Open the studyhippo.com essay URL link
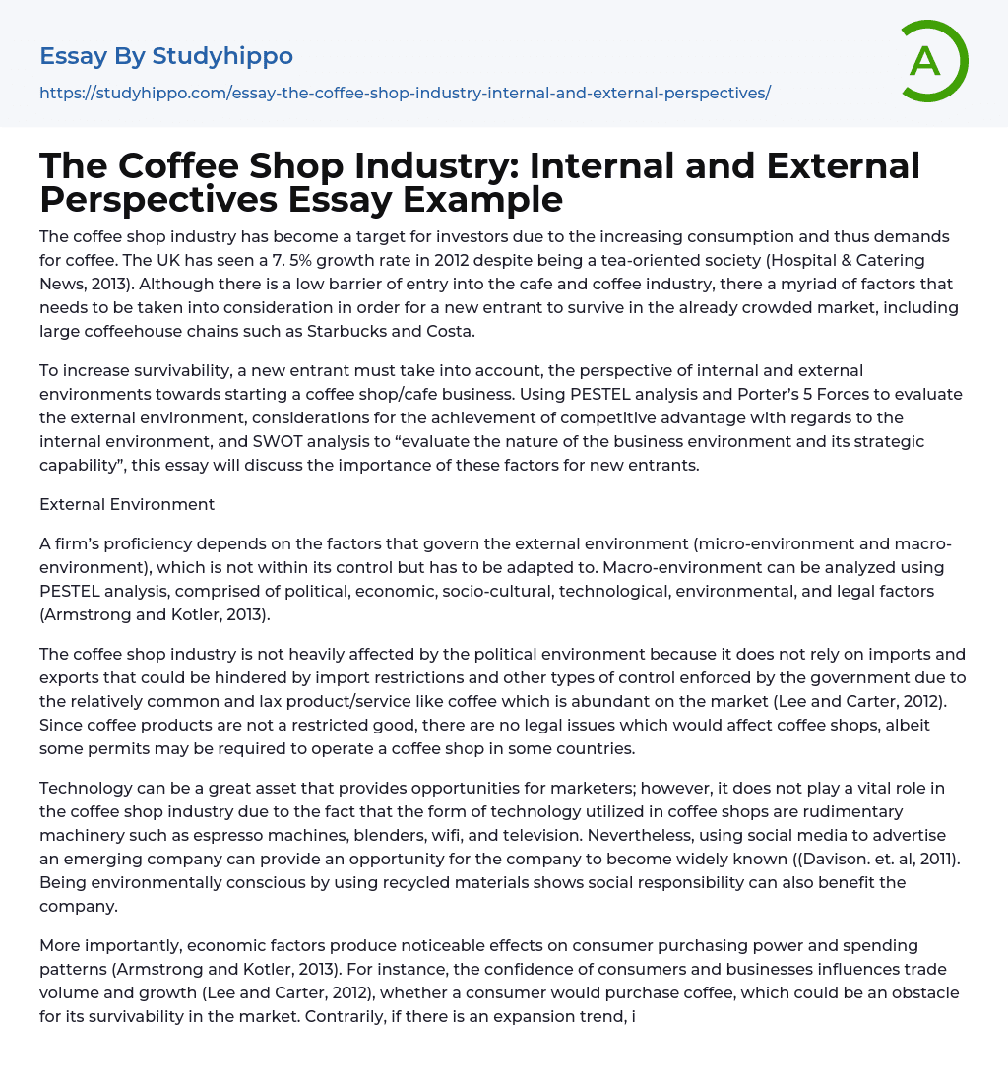[405, 94]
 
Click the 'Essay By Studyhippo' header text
[166, 56]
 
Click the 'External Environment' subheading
[127, 504]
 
